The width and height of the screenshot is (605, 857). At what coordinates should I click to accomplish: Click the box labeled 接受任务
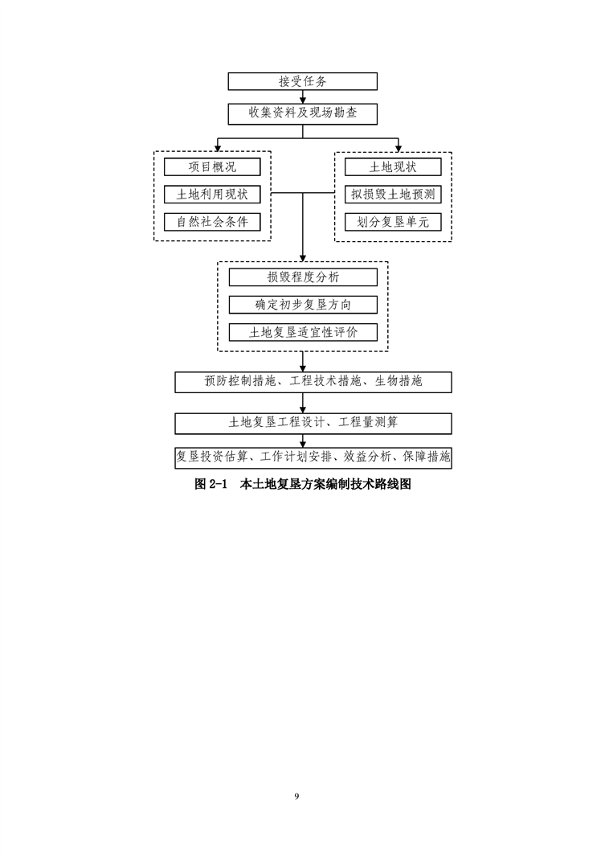point(302,81)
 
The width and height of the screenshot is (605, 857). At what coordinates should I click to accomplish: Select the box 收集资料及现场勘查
point(302,113)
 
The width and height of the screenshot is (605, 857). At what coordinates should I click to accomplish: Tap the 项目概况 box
point(212,167)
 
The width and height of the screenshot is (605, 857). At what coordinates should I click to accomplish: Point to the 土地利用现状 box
point(212,195)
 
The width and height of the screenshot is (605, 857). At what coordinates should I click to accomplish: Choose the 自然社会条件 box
point(212,222)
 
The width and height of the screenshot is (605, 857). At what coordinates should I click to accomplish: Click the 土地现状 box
point(393,167)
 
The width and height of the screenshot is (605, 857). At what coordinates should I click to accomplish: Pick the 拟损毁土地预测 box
point(393,195)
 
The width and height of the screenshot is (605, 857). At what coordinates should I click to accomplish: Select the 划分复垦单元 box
point(393,222)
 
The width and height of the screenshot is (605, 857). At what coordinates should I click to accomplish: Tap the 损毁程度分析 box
point(303,277)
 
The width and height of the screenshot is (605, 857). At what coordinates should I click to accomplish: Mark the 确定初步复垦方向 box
point(303,305)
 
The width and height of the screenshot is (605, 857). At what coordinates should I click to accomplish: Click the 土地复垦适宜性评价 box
point(303,332)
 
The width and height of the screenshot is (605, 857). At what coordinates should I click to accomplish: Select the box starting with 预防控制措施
point(313,381)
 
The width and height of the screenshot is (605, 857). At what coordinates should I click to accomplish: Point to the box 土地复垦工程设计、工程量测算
point(313,422)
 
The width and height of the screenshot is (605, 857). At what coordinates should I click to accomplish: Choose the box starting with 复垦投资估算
point(313,457)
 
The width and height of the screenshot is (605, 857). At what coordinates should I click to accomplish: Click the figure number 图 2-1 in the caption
point(212,485)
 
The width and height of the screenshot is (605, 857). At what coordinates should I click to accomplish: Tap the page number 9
point(296,796)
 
